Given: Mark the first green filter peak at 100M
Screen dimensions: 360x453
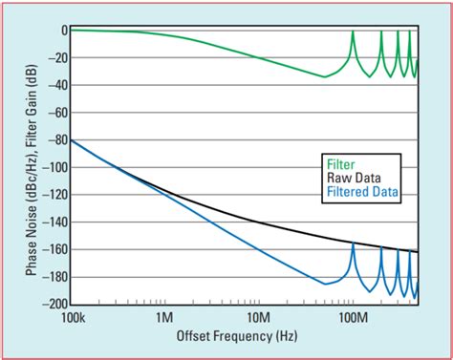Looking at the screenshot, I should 353,32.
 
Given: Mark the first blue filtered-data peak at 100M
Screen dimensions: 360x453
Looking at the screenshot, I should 353,244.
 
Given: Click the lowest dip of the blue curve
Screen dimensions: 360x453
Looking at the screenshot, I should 325,284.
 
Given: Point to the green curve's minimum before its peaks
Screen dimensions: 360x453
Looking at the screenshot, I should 325,76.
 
